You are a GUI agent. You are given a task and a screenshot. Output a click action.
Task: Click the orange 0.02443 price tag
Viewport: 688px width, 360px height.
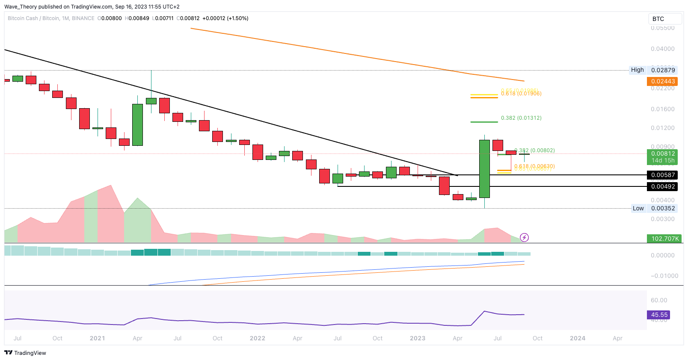(663, 81)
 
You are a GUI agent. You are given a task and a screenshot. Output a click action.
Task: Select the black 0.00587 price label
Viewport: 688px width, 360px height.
(663, 175)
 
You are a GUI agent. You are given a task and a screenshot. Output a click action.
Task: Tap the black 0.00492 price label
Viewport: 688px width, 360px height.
(663, 186)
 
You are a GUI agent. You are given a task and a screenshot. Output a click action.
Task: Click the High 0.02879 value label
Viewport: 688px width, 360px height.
(663, 70)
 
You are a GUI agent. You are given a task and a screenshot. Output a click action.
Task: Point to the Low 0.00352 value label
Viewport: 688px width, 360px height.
(663, 209)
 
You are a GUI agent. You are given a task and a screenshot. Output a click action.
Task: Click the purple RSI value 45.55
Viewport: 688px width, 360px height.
(659, 315)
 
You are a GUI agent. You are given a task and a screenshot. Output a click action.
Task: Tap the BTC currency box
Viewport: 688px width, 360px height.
(664, 19)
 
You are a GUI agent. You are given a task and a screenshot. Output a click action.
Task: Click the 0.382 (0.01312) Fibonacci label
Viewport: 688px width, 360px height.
(521, 118)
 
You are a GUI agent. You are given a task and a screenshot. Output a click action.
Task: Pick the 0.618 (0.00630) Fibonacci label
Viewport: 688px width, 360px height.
(534, 166)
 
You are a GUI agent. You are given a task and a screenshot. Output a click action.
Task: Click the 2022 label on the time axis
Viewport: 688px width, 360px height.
(258, 338)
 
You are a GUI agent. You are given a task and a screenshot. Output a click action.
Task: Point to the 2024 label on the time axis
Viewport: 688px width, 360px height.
(578, 338)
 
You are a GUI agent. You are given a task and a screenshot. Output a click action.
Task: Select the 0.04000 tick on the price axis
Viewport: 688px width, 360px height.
(662, 49)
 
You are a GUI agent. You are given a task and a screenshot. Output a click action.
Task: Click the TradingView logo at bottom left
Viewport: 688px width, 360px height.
(25, 353)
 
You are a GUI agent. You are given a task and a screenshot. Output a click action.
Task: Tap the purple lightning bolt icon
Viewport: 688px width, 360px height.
(524, 237)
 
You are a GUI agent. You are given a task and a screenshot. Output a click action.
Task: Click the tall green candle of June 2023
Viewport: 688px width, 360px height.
(484, 168)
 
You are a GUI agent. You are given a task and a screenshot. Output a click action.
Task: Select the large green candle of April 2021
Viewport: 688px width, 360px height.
(137, 124)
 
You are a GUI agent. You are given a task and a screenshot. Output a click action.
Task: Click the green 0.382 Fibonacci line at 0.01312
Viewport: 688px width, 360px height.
(484, 122)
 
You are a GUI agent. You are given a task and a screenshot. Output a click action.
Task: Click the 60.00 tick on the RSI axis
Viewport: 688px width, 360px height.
(659, 300)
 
